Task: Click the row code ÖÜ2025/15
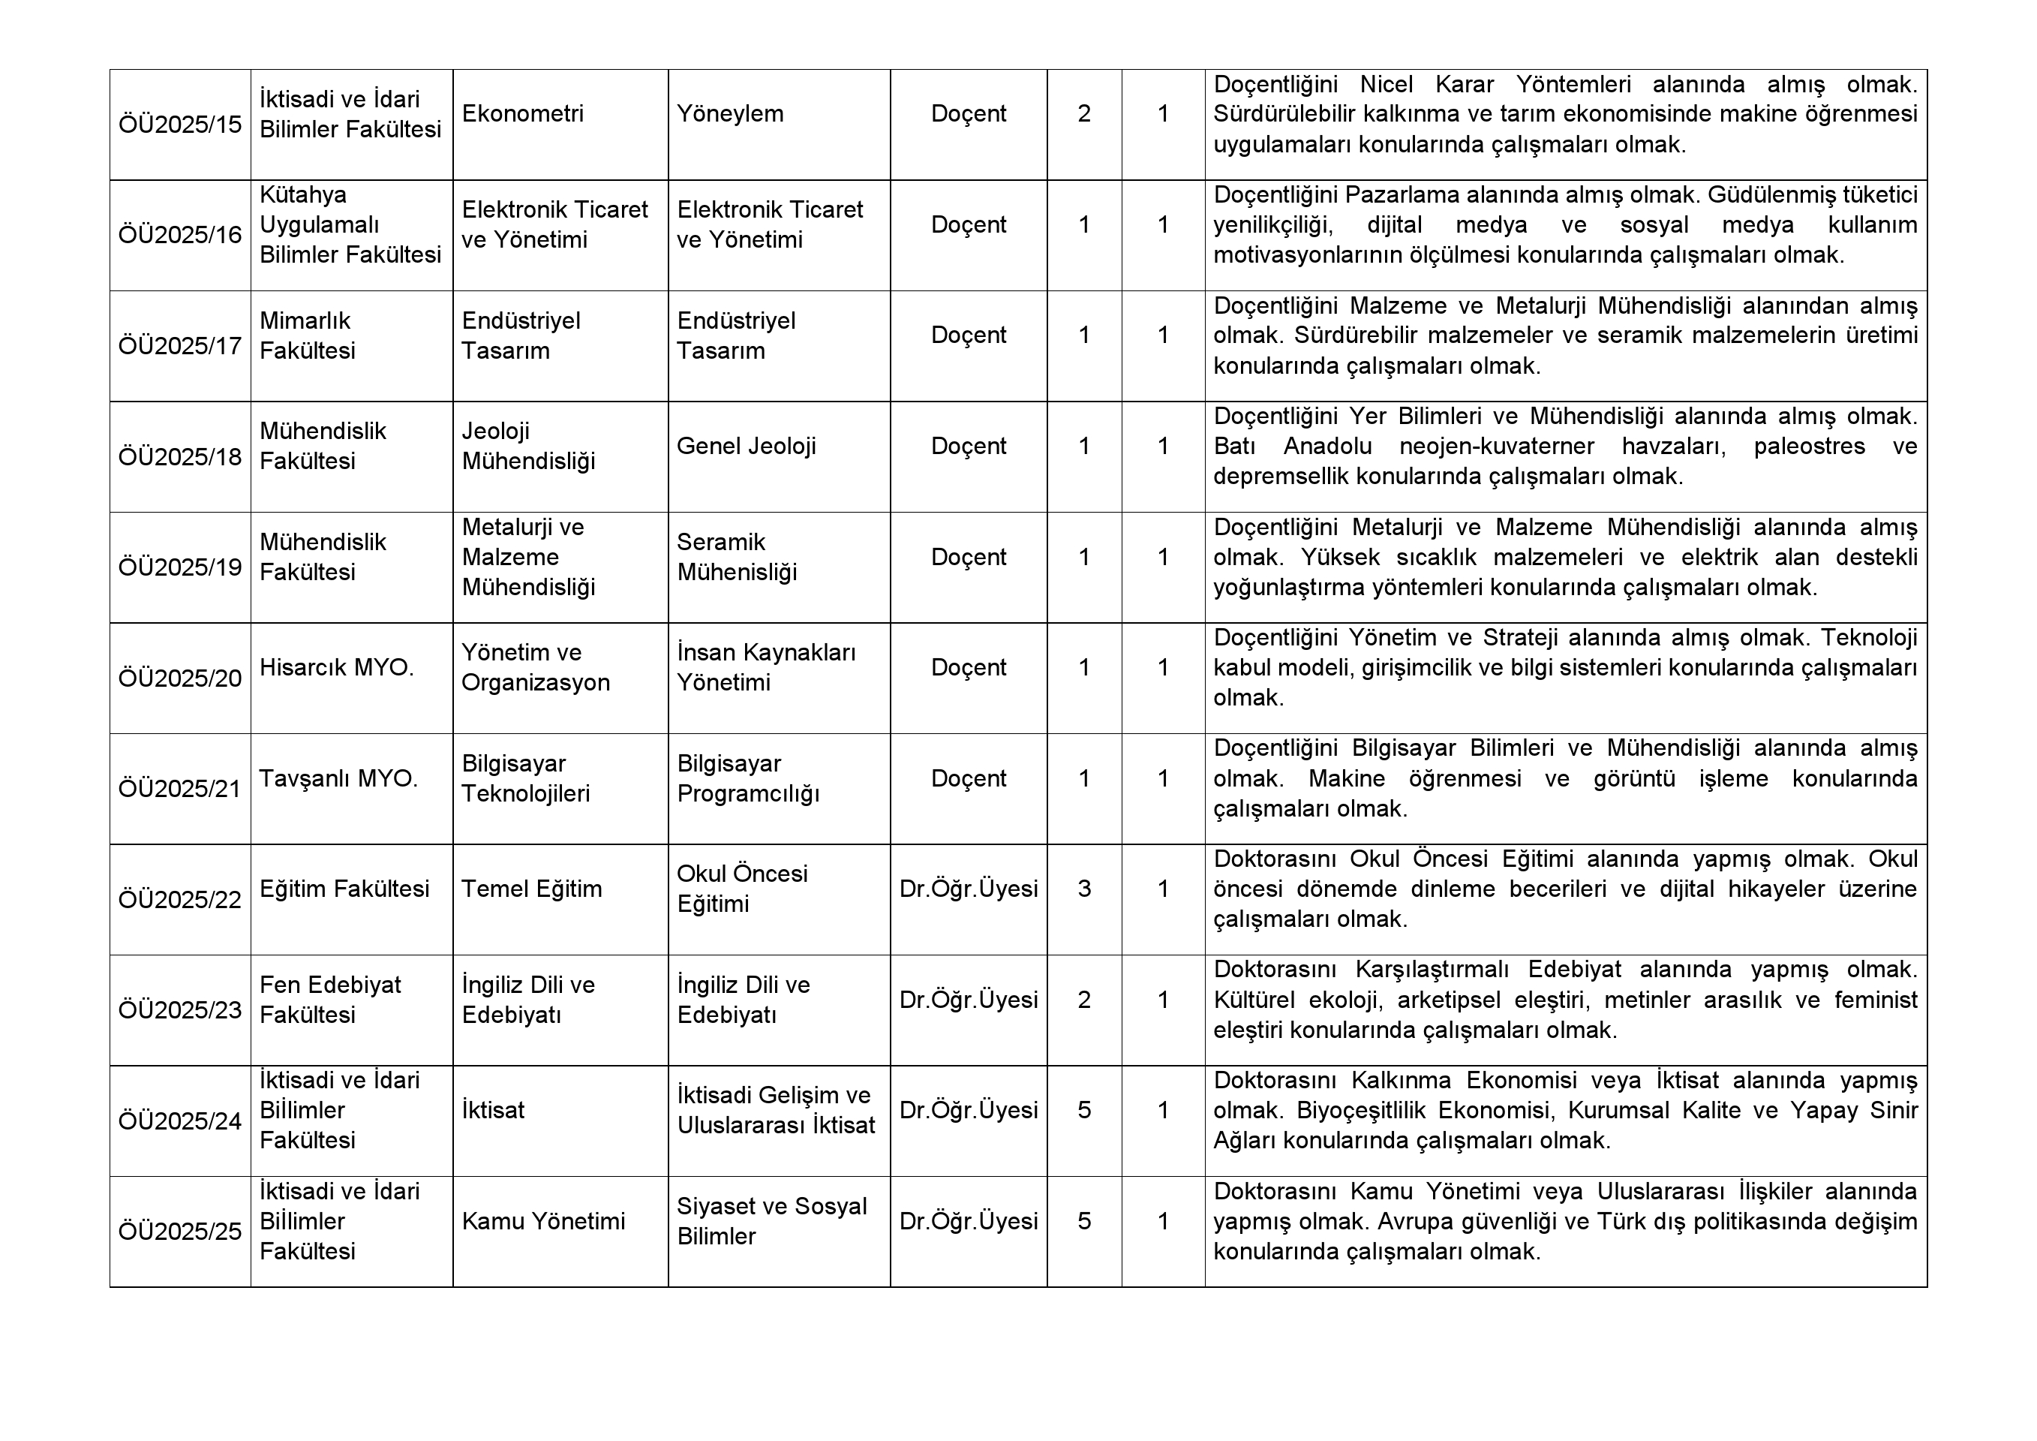click(x=180, y=125)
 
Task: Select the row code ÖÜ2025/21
click(x=180, y=789)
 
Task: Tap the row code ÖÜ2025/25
click(x=180, y=1232)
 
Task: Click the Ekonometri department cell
click(x=522, y=113)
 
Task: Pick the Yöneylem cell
click(x=730, y=113)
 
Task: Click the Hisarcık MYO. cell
click(x=336, y=667)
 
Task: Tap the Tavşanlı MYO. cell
click(x=338, y=778)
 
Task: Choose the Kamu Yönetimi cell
click(x=543, y=1221)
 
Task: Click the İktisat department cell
click(x=493, y=1110)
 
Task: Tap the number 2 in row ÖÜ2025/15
click(x=1084, y=113)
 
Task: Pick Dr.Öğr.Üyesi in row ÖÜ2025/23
click(x=968, y=999)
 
